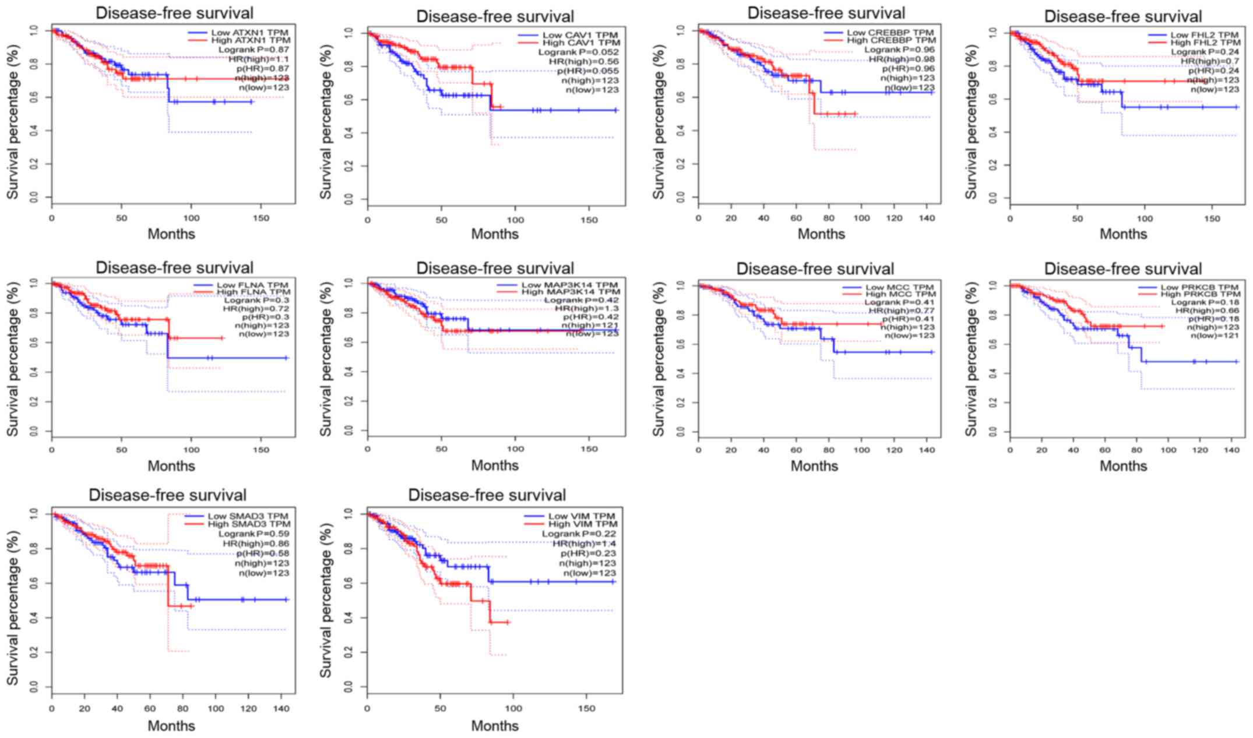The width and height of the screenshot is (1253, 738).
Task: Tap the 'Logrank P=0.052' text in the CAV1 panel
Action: [579, 52]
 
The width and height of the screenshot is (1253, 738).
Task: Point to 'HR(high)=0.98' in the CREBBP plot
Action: [902, 59]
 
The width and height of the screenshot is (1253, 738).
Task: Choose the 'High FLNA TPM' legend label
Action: [254, 292]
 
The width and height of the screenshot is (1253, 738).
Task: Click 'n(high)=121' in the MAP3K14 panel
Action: [589, 325]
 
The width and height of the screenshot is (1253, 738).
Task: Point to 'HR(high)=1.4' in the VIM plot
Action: [585, 543]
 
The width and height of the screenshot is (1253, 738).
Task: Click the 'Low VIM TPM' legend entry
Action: [581, 516]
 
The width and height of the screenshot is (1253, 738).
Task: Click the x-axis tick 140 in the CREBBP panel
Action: [927, 218]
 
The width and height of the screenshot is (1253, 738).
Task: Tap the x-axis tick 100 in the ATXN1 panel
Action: [191, 218]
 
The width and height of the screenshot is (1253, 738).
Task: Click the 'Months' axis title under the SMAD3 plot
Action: [171, 726]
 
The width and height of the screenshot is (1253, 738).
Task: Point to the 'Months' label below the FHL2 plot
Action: [1123, 234]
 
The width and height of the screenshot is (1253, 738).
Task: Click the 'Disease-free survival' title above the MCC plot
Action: [815, 269]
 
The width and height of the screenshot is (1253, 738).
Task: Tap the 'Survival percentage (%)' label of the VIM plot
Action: [326, 600]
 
